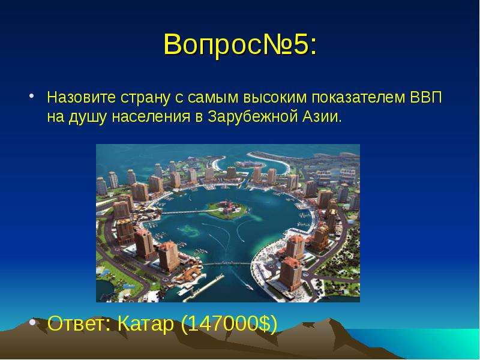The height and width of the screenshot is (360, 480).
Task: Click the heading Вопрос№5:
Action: coord(241,44)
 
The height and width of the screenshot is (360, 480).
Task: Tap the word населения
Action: coord(151,117)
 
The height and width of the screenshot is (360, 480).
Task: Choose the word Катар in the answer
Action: coord(146,324)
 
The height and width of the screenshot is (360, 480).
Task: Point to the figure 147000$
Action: coord(229,323)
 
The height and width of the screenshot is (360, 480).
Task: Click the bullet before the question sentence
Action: coord(32,96)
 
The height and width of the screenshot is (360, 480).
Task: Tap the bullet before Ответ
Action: coord(32,322)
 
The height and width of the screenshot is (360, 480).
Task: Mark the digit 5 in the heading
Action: coord(301,44)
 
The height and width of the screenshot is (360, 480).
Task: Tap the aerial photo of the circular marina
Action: coord(228,223)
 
